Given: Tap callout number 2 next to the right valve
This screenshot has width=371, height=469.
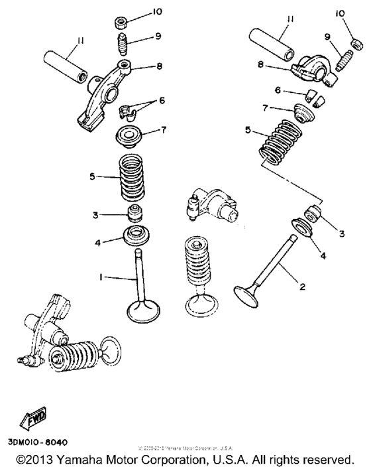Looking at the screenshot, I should [303, 287].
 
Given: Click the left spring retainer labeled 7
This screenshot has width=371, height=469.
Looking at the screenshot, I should [132, 135].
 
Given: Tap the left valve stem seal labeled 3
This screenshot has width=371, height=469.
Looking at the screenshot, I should [136, 214].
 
